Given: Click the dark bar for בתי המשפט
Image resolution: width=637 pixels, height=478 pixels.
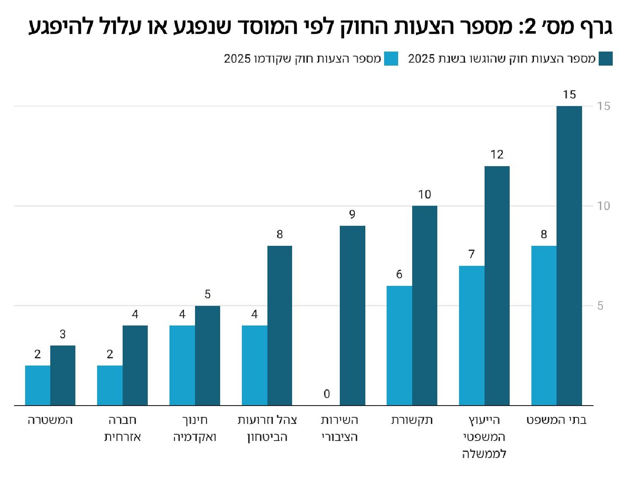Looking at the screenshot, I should tap(569, 256).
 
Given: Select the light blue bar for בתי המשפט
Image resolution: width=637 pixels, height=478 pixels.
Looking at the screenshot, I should tap(544, 325).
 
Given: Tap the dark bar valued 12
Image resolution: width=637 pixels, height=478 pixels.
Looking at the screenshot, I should tap(497, 285).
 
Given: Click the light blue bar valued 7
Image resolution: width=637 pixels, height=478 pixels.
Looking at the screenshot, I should tap(471, 335).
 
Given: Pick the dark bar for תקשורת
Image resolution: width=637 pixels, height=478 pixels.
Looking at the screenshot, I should tap(425, 305).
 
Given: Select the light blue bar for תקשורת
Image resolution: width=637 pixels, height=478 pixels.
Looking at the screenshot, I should tap(399, 346).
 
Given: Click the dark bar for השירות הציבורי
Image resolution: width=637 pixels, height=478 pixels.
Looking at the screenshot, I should tap(352, 315).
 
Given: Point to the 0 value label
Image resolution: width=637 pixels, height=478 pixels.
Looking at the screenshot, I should tap(327, 394).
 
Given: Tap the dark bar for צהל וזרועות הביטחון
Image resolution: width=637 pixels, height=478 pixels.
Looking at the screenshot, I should tap(280, 325).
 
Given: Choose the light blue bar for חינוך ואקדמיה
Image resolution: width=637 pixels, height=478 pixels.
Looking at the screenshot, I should tap(182, 365).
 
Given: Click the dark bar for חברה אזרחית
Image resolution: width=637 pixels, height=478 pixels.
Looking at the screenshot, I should tap(135, 365).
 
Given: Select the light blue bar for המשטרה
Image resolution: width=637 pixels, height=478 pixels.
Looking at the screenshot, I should tap(37, 385).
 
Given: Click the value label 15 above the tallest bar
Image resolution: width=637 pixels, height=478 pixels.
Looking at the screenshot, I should tap(569, 95).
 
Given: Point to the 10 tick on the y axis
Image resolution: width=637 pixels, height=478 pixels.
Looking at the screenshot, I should tap(603, 206).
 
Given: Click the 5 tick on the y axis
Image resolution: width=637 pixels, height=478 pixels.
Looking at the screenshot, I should tap(600, 306).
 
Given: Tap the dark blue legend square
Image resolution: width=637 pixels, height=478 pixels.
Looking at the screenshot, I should tap(605, 59).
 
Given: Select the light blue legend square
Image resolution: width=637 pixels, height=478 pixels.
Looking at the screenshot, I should tap(391, 59).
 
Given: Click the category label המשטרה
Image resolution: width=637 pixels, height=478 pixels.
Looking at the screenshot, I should tap(50, 420).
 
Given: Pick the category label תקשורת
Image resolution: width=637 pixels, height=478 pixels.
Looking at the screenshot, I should tap(412, 420).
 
